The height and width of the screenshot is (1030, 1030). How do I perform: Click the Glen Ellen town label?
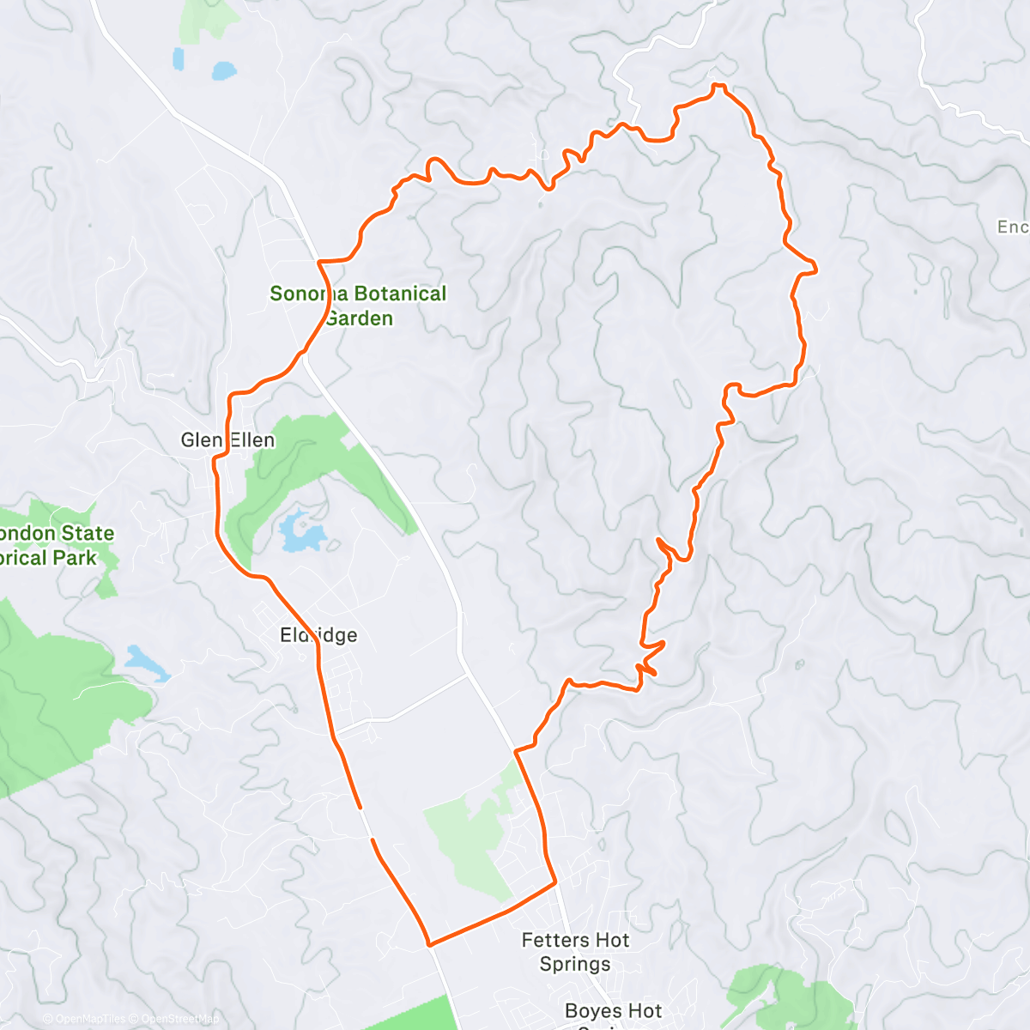pos(227,440)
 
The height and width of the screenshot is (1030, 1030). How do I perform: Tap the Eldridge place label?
pos(318,635)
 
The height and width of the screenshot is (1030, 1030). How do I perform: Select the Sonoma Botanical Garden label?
pos(358,306)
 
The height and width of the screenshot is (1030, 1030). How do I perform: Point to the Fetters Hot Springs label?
pos(575,952)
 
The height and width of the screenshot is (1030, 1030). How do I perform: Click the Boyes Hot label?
pos(613,1011)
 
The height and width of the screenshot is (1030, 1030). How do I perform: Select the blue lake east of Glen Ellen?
pos(301,534)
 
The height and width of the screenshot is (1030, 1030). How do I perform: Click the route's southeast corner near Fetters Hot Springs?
pos(555,881)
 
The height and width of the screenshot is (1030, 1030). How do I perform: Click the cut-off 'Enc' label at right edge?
pos(1012,227)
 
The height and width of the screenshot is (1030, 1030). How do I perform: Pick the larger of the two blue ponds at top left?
pos(223,70)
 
